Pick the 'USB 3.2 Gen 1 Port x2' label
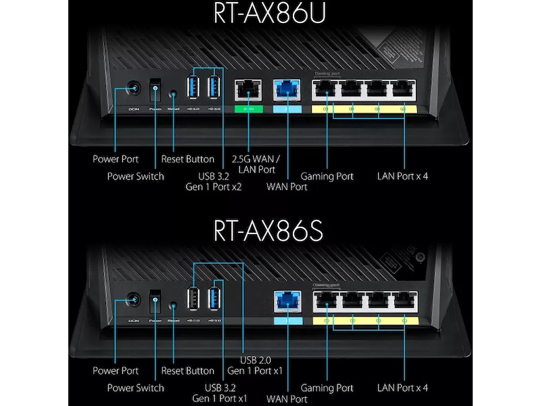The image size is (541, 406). [x=214, y=181]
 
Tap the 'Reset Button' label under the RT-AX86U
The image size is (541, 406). [x=187, y=160]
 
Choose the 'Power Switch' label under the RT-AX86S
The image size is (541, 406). [x=135, y=388]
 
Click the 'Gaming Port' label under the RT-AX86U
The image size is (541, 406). [x=327, y=177]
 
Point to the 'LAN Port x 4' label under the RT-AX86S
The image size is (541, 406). [x=402, y=388]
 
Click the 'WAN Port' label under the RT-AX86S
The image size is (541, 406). [x=287, y=399]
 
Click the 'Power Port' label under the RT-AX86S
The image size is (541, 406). [x=115, y=371]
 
